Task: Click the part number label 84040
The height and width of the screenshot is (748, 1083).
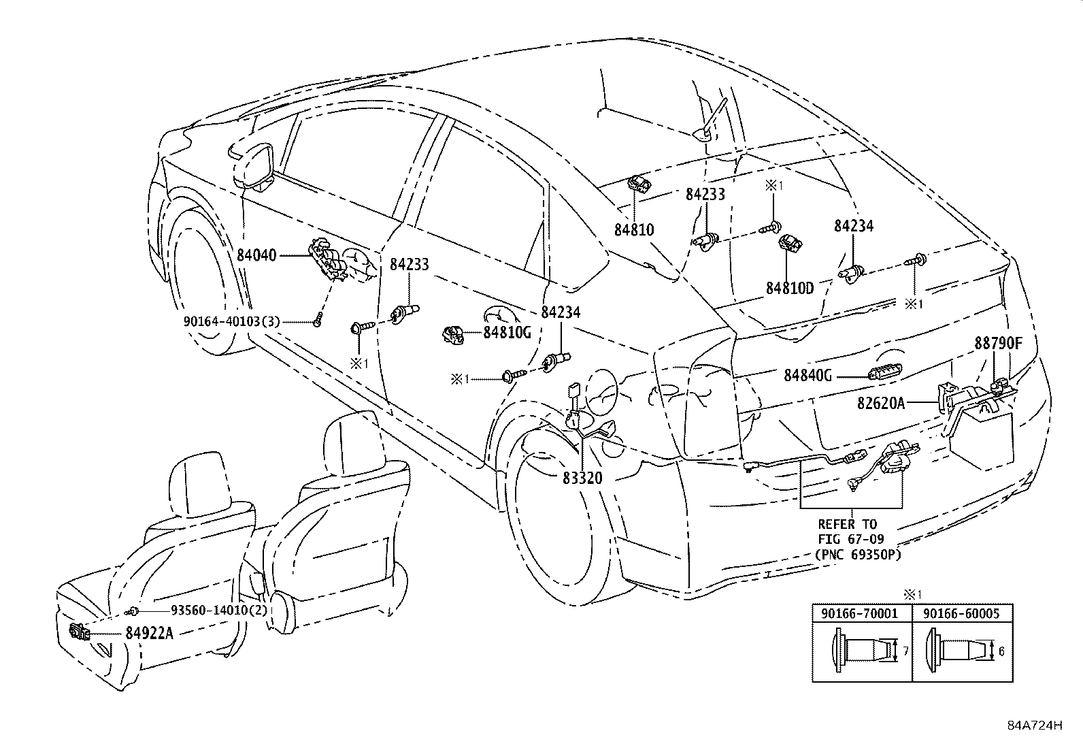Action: click(256, 255)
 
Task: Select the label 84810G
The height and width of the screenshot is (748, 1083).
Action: click(507, 332)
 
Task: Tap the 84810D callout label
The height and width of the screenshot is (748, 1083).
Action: click(790, 289)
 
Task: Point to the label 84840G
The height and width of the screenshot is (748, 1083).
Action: click(807, 376)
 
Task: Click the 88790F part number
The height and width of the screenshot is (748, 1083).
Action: click(999, 343)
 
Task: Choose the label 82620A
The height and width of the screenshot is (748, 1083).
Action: click(880, 403)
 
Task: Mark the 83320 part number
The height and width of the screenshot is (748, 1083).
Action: click(582, 478)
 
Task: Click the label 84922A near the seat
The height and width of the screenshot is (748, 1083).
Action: click(149, 633)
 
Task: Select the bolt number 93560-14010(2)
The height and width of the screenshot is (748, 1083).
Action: click(219, 610)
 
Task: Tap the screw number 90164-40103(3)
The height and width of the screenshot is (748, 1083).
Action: click(231, 321)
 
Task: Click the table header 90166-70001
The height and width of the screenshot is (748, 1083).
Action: click(859, 613)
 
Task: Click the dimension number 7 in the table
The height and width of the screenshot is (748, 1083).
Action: click(905, 651)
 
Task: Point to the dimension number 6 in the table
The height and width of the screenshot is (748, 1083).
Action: click(1001, 651)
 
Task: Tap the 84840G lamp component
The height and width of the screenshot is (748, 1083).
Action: click(882, 374)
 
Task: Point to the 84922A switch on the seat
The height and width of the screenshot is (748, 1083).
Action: click(79, 632)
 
